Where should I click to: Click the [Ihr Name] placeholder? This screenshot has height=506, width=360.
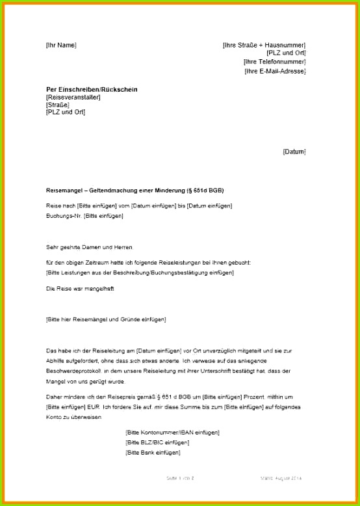[61, 45]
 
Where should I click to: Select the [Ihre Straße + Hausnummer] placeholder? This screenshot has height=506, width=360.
[264, 45]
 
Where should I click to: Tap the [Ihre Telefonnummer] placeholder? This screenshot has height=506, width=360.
[274, 62]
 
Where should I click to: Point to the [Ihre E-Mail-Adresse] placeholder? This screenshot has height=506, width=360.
[275, 71]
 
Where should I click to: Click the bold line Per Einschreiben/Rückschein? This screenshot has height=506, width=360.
[92, 89]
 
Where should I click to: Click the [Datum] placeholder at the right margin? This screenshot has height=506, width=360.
[294, 152]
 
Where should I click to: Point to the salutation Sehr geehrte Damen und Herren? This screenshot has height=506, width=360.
[90, 247]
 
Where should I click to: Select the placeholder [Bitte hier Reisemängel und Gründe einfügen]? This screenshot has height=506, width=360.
[106, 319]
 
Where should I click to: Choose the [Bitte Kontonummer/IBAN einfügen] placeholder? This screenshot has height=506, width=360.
[172, 432]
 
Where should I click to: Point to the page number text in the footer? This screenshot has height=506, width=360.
[181, 478]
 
